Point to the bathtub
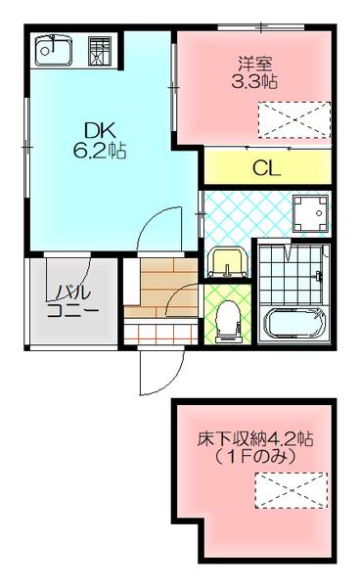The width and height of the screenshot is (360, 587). coord(295,323)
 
